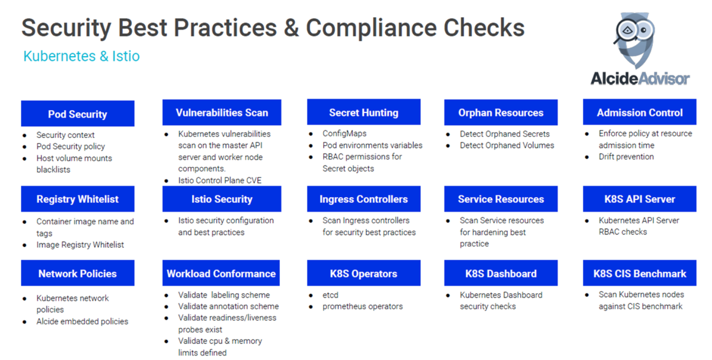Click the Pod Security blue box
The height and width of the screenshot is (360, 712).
click(77, 113)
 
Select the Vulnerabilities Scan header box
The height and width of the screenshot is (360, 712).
click(222, 112)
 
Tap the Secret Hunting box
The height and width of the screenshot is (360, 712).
click(363, 112)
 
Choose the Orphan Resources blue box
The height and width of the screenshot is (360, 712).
click(501, 112)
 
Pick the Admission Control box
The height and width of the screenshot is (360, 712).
click(640, 112)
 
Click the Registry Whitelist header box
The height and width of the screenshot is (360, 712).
click(77, 199)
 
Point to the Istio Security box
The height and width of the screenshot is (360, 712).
click(222, 199)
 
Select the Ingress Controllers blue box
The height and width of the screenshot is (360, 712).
click(363, 199)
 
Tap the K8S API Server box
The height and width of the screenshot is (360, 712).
click(640, 199)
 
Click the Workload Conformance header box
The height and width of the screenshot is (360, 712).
click(221, 273)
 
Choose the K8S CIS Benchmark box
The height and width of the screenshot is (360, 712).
click(640, 273)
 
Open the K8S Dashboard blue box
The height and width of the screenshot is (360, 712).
click(501, 273)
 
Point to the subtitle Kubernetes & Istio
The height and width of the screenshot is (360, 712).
click(81, 56)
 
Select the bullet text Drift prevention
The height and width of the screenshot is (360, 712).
click(626, 157)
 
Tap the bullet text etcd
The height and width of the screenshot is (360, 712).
click(330, 295)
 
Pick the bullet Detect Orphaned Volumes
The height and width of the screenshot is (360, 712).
click(507, 145)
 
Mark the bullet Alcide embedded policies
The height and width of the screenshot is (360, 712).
click(82, 321)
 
